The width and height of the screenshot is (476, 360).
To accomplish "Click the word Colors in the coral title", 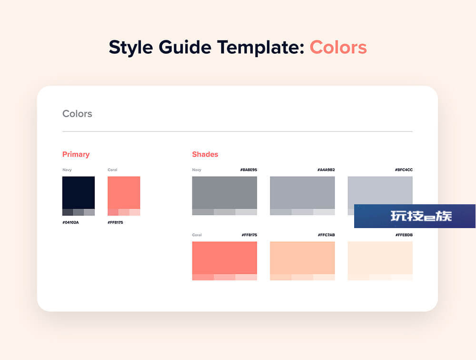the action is (338, 48).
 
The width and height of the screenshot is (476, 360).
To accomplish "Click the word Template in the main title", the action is (261, 48).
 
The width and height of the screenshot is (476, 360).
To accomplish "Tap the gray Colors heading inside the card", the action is (77, 114).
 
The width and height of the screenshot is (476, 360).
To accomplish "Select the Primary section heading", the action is (76, 154).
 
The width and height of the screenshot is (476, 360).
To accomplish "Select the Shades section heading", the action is (205, 154).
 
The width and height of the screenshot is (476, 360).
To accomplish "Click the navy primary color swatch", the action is (79, 196).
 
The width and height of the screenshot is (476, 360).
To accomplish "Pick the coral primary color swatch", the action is (124, 196).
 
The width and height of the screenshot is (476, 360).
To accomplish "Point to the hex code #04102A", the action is (70, 222).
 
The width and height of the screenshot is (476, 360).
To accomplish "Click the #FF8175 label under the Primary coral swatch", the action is (115, 222).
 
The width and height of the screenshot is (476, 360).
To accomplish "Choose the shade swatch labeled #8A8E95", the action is (225, 196).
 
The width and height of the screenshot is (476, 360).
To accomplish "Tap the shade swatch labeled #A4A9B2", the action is (302, 196).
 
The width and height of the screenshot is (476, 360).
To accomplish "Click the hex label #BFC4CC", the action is (404, 170).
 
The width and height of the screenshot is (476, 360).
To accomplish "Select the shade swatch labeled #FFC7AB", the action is (302, 260).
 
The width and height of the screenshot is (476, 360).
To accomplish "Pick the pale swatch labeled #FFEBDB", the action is (380, 260).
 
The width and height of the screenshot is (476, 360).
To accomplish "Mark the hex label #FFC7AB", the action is (327, 235).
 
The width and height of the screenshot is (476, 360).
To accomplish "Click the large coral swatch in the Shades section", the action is (225, 260).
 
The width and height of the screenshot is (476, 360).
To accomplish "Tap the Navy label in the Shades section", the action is (197, 170).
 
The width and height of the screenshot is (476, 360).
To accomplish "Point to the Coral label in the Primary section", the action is (112, 170).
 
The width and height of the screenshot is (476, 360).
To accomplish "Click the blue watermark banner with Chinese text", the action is (415, 216).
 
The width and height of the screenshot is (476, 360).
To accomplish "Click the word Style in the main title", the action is (131, 48).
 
